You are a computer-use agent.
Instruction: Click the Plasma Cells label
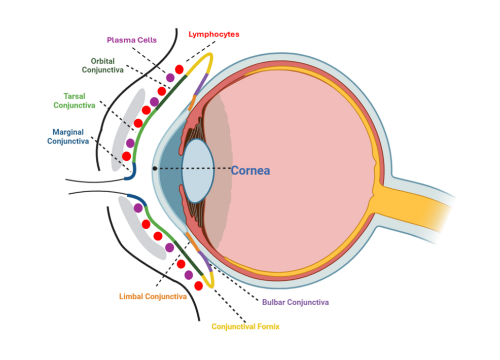[132, 40]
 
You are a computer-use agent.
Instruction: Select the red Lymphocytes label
[213, 34]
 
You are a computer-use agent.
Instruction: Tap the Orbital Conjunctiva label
[102, 65]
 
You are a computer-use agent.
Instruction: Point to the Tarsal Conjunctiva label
[75, 101]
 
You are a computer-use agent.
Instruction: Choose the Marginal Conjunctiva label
[68, 136]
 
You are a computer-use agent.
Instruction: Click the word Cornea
[251, 170]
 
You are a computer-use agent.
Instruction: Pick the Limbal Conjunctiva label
[153, 297]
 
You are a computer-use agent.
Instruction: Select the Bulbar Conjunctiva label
[295, 302]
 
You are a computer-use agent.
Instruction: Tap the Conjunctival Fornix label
[245, 327]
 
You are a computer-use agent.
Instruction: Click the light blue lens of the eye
[198, 170]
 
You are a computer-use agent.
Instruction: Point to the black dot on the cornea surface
[155, 168]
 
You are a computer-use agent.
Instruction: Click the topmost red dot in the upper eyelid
[179, 69]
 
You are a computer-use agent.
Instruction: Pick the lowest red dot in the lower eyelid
[198, 285]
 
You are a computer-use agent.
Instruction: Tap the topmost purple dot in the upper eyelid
[170, 78]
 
